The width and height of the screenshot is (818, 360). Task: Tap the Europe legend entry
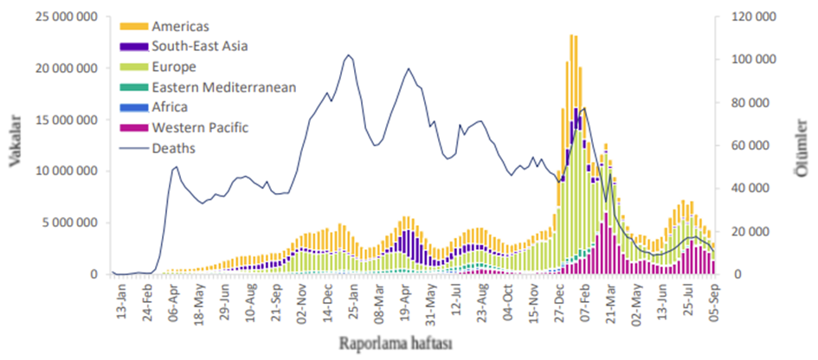(174, 67)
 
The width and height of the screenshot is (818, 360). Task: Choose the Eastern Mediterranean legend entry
(223, 87)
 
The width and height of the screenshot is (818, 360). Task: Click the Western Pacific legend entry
(199, 127)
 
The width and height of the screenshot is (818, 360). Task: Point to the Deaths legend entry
(173, 148)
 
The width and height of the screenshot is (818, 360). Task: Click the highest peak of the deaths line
(348, 55)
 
